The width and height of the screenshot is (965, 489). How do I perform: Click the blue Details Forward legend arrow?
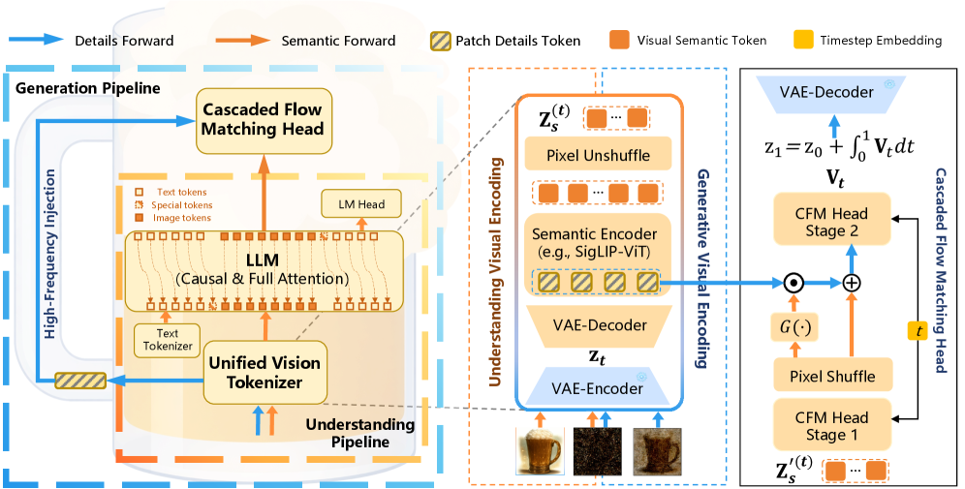click(37, 41)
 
